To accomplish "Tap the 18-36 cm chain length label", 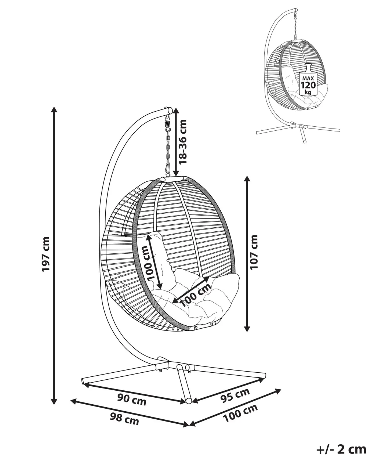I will pyautogui.click(x=182, y=141).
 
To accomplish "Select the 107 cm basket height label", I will pyautogui.click(x=254, y=252).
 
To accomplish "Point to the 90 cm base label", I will pyautogui.click(x=132, y=400).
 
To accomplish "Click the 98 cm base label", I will pyautogui.click(x=125, y=418).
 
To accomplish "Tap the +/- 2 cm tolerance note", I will pyautogui.click(x=341, y=449).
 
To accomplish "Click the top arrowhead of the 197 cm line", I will pyautogui.click(x=54, y=109).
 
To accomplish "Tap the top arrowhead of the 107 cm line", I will pyautogui.click(x=247, y=179).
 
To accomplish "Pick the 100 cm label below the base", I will pyautogui.click(x=240, y=413).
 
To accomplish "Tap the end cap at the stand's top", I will pyautogui.click(x=169, y=110).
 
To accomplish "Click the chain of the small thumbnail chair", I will pyautogui.click(x=295, y=25).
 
